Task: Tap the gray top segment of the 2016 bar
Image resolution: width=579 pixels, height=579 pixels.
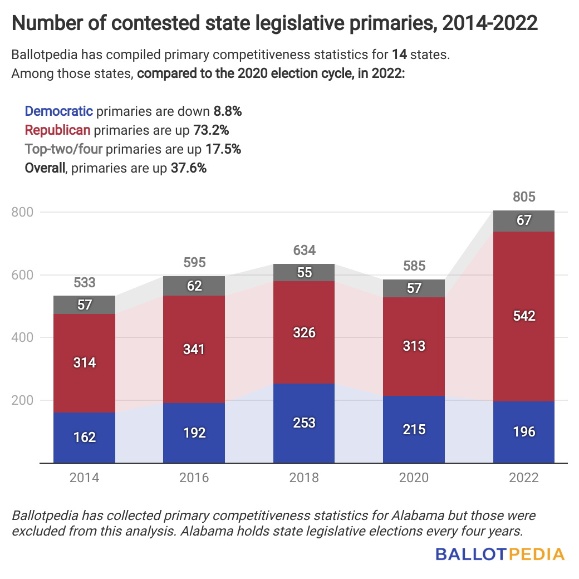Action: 194,286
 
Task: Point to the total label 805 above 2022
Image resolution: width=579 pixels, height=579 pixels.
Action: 523,197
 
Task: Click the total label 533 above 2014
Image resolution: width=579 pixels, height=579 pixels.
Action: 85,283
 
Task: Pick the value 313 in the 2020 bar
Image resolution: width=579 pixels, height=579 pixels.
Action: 414,346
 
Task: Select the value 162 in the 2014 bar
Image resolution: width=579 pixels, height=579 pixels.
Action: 85,437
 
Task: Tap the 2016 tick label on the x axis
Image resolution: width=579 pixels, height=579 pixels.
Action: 194,478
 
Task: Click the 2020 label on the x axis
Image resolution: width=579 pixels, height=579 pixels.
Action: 414,478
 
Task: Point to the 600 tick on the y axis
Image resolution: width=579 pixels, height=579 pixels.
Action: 22,275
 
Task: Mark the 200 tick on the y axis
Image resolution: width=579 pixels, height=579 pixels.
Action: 22,400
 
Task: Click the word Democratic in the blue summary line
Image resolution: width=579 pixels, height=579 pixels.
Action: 58,111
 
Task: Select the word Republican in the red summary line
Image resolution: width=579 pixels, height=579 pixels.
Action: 58,130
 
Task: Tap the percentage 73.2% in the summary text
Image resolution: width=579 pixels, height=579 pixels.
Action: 210,130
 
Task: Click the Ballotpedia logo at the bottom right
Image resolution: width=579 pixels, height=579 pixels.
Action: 499,554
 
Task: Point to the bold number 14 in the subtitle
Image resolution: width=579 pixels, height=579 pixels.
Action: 399,55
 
